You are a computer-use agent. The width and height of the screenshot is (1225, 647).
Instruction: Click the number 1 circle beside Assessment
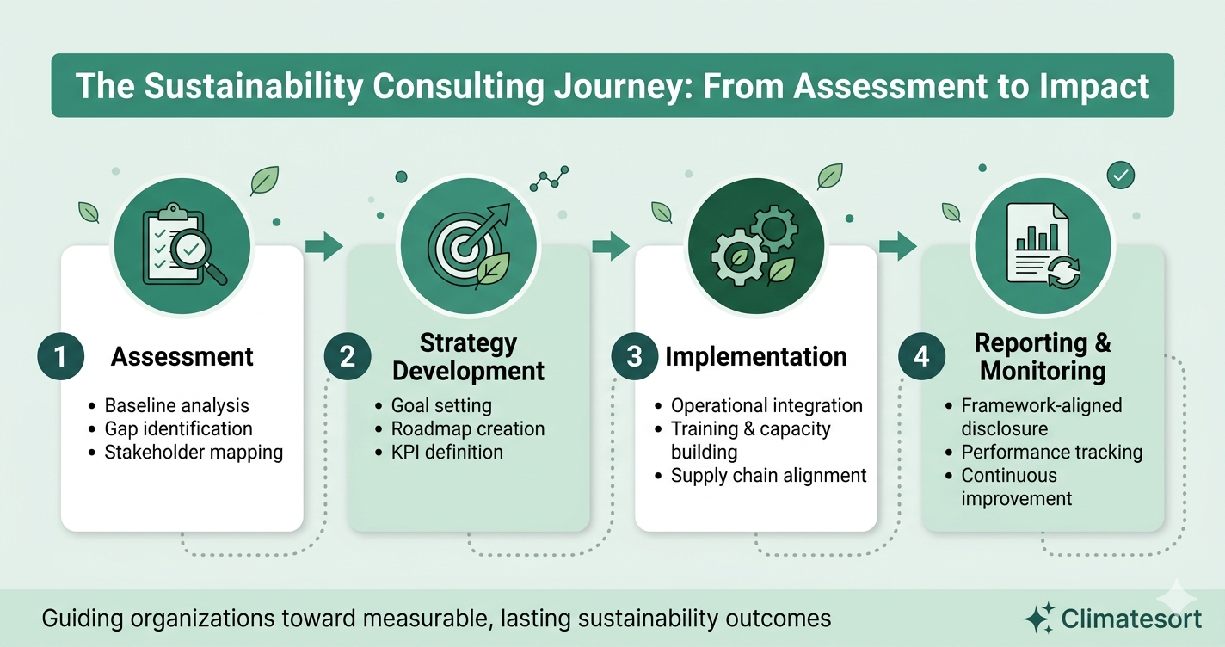click(x=60, y=356)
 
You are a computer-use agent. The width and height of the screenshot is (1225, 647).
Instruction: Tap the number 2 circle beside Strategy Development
click(x=348, y=356)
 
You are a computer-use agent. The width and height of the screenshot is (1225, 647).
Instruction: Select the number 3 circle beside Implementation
click(x=635, y=356)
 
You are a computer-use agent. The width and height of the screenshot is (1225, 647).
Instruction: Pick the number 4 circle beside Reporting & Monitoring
click(x=922, y=356)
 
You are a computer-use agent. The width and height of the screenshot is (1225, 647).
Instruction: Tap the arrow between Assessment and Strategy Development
click(x=323, y=247)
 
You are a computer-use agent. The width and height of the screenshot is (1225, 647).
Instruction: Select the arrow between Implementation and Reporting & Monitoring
click(x=898, y=247)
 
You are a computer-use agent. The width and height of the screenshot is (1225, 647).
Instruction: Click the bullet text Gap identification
click(x=178, y=428)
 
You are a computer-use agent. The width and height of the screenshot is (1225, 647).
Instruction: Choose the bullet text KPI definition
click(x=446, y=452)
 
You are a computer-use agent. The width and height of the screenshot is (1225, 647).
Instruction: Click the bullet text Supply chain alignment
click(x=768, y=475)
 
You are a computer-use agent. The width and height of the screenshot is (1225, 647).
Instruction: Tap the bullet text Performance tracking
click(x=1051, y=452)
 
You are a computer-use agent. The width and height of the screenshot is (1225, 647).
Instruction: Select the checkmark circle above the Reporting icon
click(x=1120, y=176)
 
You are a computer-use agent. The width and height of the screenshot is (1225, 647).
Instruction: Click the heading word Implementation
click(x=756, y=356)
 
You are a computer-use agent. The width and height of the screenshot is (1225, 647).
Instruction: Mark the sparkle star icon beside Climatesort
click(x=1038, y=618)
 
